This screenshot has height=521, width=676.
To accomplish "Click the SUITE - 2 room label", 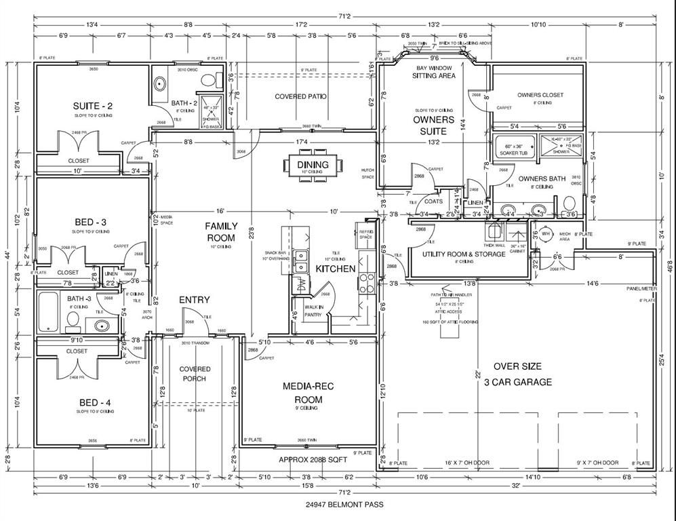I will pos(93,106).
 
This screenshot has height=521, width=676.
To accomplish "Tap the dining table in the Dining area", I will pos(313,165).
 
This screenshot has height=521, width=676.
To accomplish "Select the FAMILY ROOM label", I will pos(221,232).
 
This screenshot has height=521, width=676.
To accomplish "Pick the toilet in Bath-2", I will pos(211,81).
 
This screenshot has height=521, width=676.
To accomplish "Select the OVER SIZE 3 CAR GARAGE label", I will pos(518,374).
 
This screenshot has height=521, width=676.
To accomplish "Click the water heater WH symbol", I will pos(545,234).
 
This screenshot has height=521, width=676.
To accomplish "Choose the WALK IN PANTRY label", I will pos(314,311).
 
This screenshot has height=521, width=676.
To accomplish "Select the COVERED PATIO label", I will pos(300,96).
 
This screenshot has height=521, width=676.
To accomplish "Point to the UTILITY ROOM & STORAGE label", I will pos(464,254).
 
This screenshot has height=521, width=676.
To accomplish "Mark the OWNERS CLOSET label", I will pos(540,95).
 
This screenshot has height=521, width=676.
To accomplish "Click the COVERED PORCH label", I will pos(195,374).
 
